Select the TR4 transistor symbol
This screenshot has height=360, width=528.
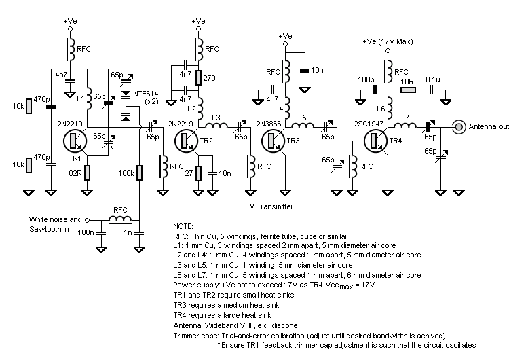[x=375, y=141]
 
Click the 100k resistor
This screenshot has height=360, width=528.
[x=139, y=173]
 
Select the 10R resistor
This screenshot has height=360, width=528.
[x=407, y=90]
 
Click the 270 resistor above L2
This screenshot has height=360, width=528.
[x=197, y=79]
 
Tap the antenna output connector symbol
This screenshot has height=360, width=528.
[x=460, y=126]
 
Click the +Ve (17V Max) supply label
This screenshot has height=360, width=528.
[x=387, y=42]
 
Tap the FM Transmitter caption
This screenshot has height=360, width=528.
[x=269, y=206]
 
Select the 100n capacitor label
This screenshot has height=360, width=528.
[x=86, y=233]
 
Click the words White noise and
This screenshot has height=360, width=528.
[x=56, y=219]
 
